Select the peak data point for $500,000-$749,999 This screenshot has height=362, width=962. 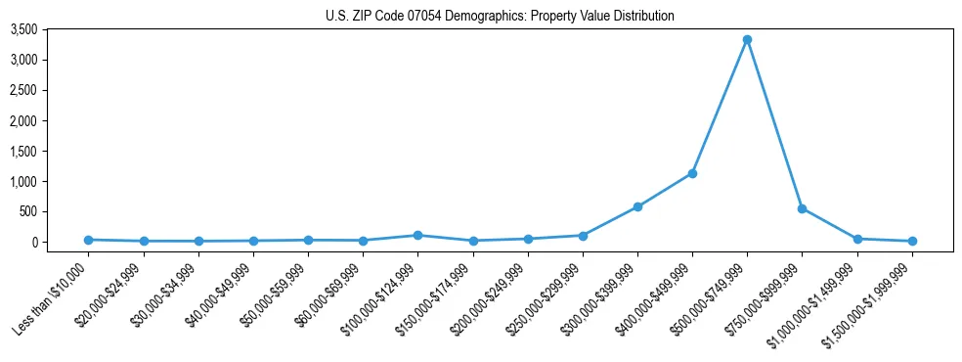pyautogui.click(x=747, y=40)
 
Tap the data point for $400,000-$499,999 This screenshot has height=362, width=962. pyautogui.click(x=692, y=173)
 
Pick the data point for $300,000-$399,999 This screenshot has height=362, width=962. pyautogui.click(x=637, y=206)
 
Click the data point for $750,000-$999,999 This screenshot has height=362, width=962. pyautogui.click(x=802, y=208)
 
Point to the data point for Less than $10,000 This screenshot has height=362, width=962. pyautogui.click(x=89, y=240)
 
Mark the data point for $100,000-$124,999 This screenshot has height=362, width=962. pyautogui.click(x=417, y=235)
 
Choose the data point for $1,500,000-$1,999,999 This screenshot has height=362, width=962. pyautogui.click(x=912, y=241)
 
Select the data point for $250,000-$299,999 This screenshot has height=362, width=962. pyautogui.click(x=583, y=235)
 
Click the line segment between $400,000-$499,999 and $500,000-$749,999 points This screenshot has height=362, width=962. pyautogui.click(x=720, y=107)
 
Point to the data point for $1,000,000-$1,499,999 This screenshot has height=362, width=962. pyautogui.click(x=857, y=239)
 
